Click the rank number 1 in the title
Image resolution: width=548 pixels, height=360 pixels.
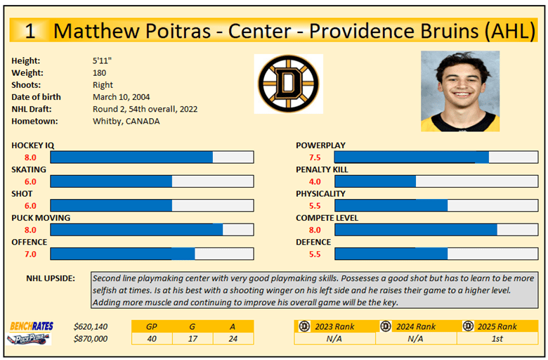[31, 31]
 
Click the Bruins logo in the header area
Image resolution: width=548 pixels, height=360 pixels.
[288, 84]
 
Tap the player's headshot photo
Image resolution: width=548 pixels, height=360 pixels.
[460, 91]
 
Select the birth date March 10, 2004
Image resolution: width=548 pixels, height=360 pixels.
[121, 97]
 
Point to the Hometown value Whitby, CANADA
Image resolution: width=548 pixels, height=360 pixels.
[126, 121]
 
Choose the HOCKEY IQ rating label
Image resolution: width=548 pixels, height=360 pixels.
[32, 146]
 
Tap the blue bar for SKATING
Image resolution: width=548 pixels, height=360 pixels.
[111, 181]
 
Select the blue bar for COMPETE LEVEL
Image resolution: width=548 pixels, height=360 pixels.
[416, 230]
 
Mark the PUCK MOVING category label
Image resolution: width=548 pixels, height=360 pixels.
[41, 218]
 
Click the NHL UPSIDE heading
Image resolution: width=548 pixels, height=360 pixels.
[51, 278]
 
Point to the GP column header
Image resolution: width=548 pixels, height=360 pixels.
[152, 326]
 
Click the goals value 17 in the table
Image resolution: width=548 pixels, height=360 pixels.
[193, 338]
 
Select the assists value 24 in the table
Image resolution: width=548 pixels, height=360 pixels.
[233, 338]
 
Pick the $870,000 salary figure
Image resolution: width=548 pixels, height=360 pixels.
[91, 338]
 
